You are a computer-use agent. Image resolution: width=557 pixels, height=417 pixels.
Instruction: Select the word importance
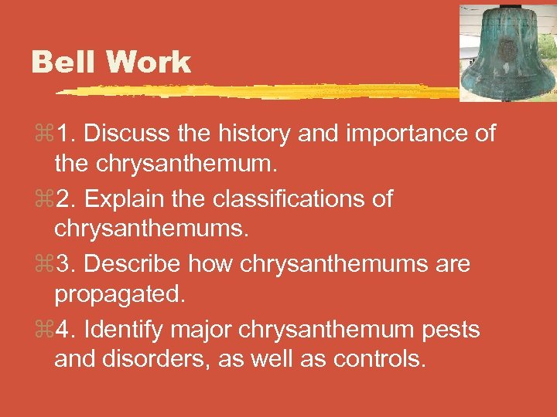point(405,134)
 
